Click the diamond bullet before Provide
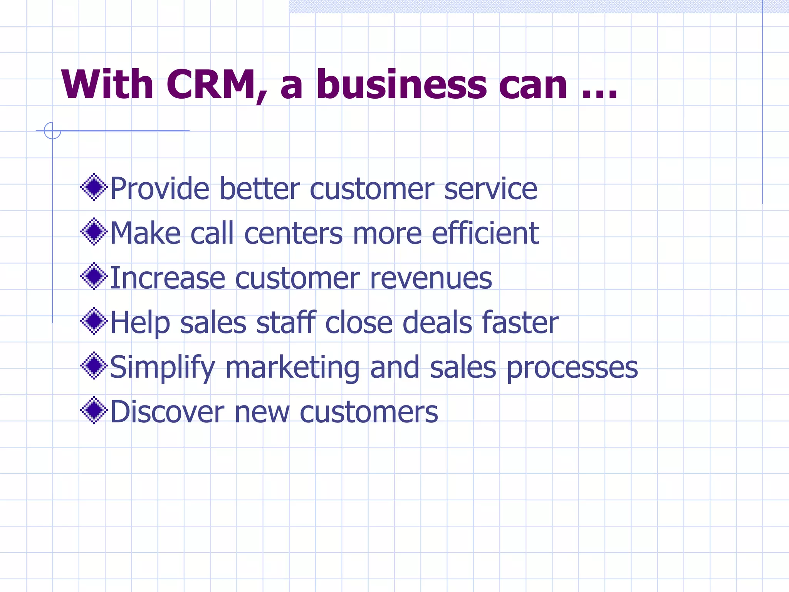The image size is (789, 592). pos(94,188)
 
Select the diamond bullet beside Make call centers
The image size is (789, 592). pos(94,232)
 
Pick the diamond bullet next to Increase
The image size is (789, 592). pos(94,276)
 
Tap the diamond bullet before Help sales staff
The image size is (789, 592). pos(94,321)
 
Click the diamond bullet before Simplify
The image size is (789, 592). pos(94,365)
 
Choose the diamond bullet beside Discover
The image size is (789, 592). pos(94,410)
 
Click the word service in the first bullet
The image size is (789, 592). pos(490,189)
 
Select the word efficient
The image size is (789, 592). pos(485,233)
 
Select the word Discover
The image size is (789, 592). pos(167,412)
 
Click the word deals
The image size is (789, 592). pos(437,323)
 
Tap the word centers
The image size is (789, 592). pos(293,234)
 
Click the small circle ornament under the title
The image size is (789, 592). pos(52,130)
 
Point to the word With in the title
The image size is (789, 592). pos(107,85)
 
